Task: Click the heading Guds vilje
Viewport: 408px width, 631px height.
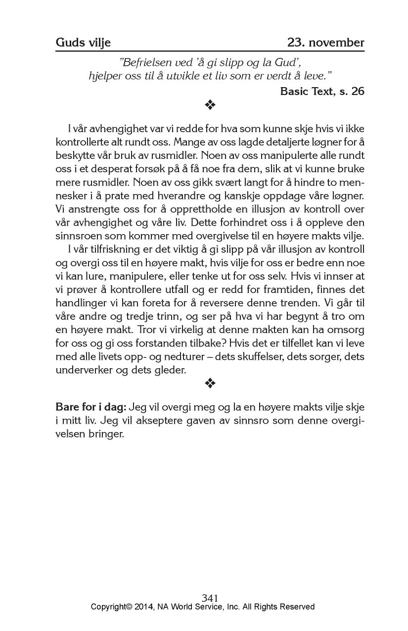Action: (83, 43)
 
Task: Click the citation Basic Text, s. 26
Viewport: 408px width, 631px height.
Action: (322, 92)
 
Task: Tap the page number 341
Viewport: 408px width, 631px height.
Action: (210, 598)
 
